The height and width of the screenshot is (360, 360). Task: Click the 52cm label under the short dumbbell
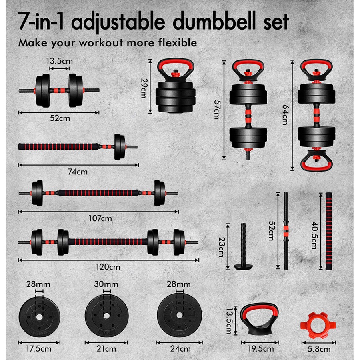click(59, 119)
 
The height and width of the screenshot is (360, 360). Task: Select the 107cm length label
click(100, 218)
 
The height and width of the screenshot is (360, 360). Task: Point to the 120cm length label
click(109, 266)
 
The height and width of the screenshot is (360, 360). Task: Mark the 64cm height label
click(285, 114)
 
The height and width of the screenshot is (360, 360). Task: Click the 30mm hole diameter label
click(106, 284)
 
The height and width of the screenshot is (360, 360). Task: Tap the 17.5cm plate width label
click(39, 348)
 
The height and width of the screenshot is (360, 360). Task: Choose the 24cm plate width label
click(178, 348)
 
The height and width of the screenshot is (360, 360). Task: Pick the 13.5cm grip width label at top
click(59, 61)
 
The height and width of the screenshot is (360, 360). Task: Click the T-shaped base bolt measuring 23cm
click(242, 248)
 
